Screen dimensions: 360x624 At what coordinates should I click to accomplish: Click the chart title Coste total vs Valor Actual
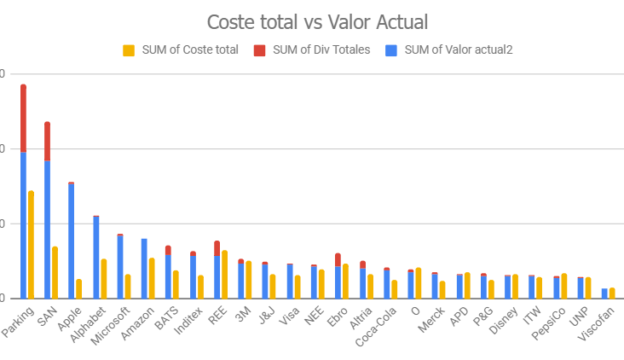[312, 22]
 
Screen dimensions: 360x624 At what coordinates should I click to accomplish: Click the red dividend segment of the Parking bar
[24, 118]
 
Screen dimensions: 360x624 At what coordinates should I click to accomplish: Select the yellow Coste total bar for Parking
[32, 244]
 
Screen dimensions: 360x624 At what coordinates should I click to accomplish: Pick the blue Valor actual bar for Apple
[72, 241]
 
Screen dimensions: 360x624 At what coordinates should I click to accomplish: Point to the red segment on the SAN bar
[48, 141]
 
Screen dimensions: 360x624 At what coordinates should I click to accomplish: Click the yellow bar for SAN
[55, 272]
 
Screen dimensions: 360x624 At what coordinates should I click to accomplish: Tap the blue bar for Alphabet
[96, 257]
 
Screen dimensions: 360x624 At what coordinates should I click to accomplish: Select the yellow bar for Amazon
[152, 278]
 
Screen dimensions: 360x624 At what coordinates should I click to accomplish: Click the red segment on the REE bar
[217, 247]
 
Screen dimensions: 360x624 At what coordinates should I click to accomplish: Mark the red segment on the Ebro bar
[338, 259]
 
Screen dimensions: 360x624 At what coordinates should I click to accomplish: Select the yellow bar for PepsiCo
[564, 286]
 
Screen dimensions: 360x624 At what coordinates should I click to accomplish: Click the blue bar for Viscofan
[604, 293]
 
